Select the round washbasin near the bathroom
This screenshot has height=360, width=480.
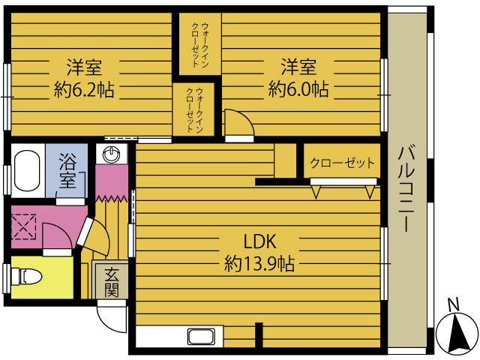point(112,154)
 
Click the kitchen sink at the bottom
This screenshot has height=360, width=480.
point(201,337)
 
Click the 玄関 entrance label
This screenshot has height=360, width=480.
point(112,283)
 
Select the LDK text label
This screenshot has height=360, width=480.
point(259,241)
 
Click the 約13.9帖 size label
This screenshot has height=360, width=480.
point(259,263)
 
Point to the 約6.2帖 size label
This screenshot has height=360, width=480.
point(84,90)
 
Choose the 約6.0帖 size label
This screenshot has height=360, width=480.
point(298,89)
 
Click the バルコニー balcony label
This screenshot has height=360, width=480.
point(406,189)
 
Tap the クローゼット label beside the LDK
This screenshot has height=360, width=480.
point(342,163)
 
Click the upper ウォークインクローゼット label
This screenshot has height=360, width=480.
point(200,45)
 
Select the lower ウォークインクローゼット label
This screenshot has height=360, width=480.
point(195,110)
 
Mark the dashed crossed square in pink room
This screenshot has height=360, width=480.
point(24,226)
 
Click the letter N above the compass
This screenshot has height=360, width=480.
point(453,304)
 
